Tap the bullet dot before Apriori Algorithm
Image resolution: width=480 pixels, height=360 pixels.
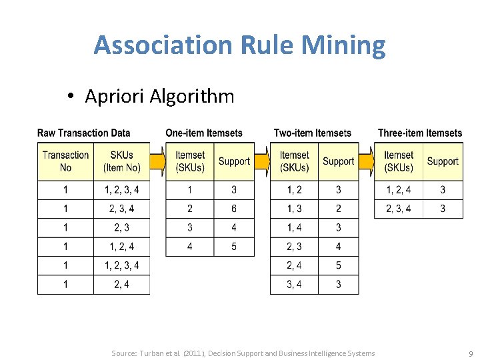(71, 97)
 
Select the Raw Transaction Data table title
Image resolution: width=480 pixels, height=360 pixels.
(83, 133)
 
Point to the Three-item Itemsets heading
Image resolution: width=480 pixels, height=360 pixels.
(419, 133)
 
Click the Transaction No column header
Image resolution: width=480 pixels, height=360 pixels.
(65, 161)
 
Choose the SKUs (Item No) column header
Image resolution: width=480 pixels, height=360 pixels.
(122, 161)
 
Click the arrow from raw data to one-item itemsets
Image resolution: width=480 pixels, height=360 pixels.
(157, 161)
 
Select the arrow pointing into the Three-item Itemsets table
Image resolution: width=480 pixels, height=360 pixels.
(366, 161)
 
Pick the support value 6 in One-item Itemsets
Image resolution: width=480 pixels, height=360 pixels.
(234, 209)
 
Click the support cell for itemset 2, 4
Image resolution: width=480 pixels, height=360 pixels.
(338, 265)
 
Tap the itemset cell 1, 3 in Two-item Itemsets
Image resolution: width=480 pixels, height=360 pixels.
(294, 209)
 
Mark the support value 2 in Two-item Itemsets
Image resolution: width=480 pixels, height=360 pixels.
(338, 209)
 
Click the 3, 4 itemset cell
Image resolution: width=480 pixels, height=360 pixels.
(294, 285)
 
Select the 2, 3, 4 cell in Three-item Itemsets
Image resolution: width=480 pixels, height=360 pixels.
(398, 209)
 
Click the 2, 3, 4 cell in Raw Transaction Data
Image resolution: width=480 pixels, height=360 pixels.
(122, 209)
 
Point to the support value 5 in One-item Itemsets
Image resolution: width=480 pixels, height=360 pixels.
(234, 247)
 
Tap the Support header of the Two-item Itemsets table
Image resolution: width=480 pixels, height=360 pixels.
(338, 161)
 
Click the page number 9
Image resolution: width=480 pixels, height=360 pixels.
(471, 353)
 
